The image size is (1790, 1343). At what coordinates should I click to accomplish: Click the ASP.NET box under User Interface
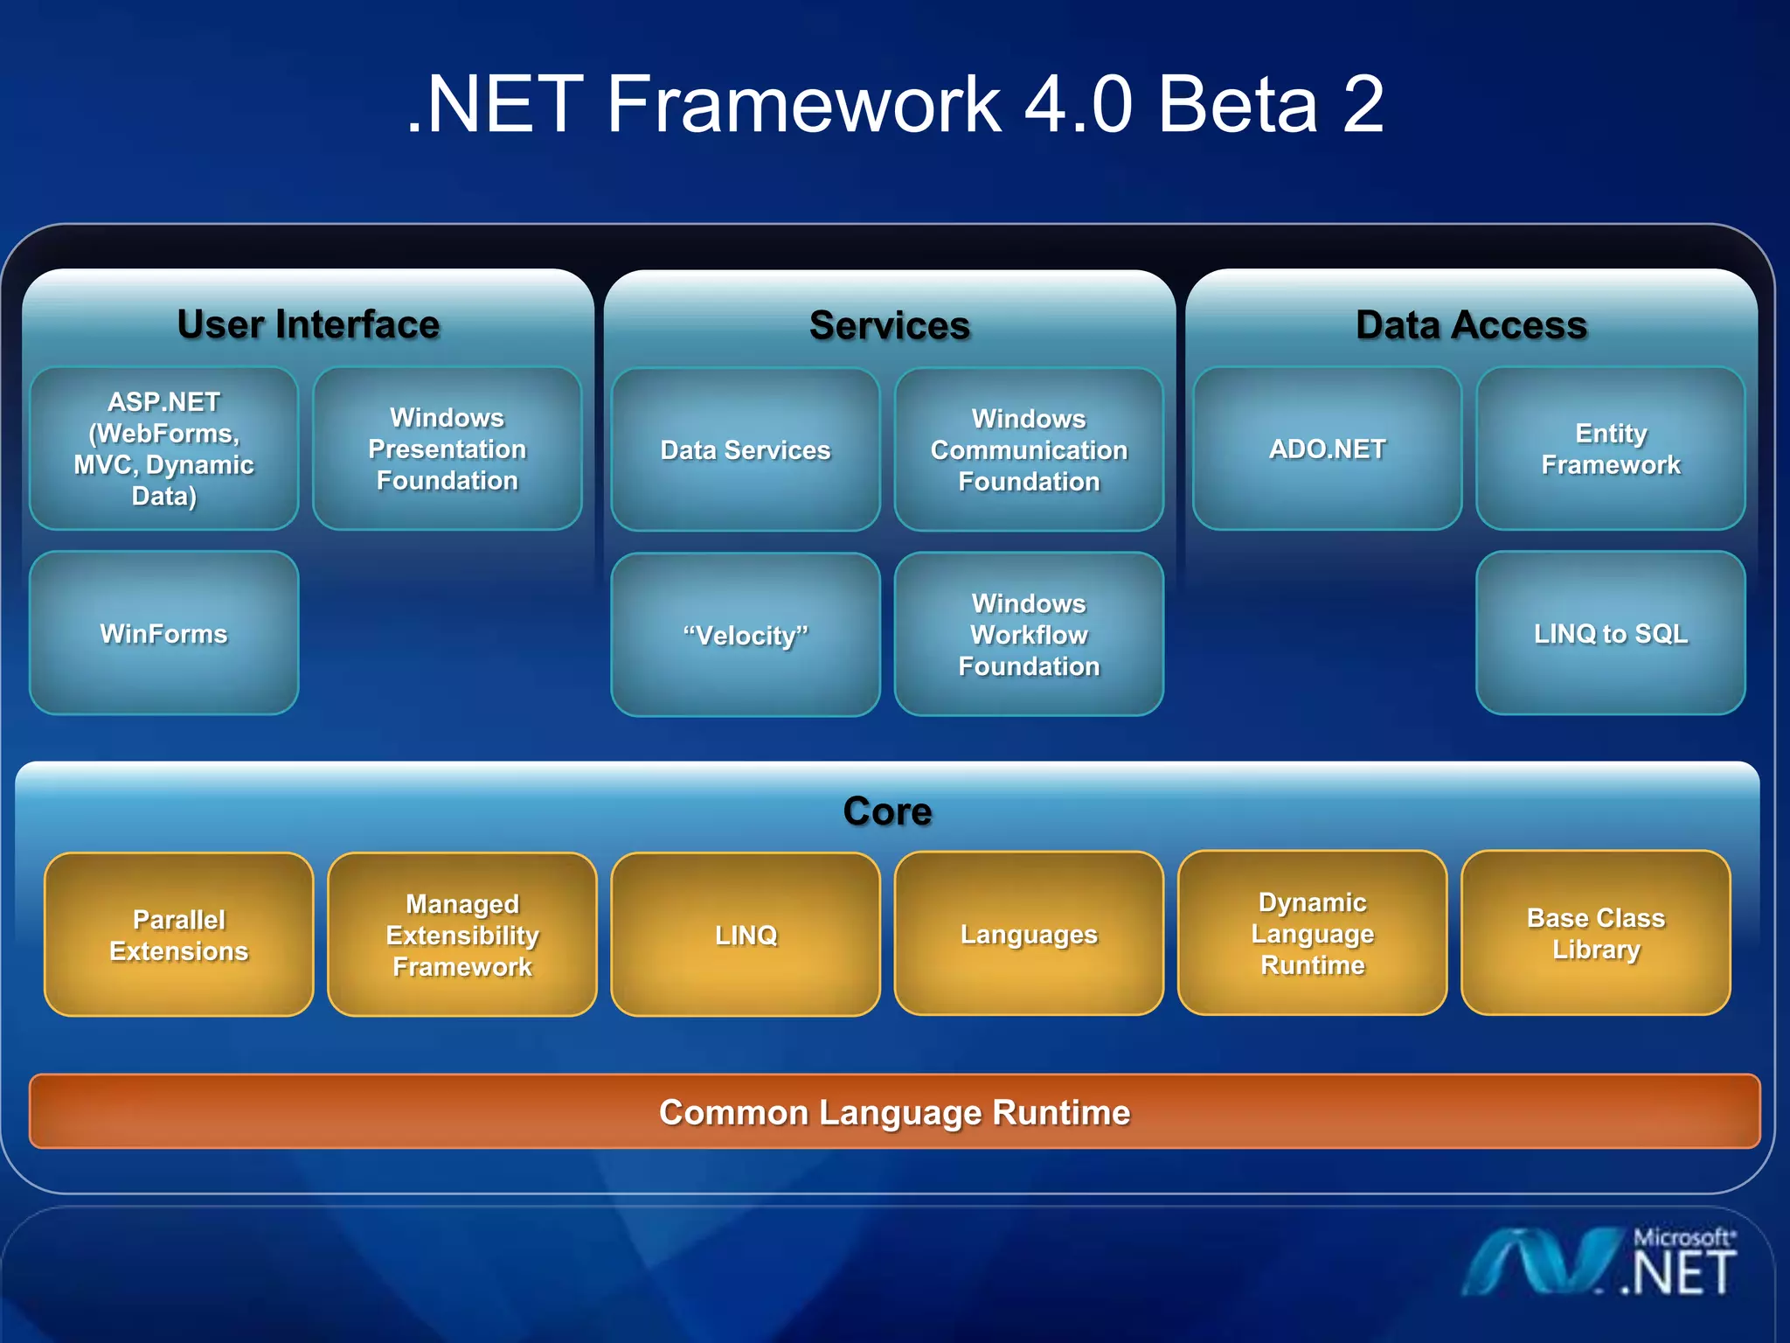pos(163,449)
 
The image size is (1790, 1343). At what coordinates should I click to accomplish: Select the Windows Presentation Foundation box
pos(447,449)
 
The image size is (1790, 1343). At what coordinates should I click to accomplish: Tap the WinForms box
pos(163,633)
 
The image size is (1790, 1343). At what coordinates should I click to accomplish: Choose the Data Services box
pos(745,449)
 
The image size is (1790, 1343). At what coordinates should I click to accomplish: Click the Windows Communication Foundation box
pos(1029,449)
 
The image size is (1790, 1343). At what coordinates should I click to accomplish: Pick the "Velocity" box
pos(745,635)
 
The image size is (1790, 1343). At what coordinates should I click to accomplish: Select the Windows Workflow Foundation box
pos(1029,635)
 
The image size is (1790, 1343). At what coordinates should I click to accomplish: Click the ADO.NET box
pos(1327,449)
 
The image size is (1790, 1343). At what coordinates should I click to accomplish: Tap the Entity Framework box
pos(1610,449)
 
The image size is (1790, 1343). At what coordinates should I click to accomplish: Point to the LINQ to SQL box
pos(1610,633)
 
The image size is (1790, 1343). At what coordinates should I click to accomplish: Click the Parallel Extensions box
pos(178,935)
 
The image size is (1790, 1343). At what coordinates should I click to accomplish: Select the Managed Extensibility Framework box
pos(461,935)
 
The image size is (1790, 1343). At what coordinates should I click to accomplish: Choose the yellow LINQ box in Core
pos(745,935)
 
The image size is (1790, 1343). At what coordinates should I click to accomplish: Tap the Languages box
pos(1029,934)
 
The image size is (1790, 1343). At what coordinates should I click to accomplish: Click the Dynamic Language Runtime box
pos(1312,933)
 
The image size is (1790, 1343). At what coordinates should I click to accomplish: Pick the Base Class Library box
pos(1595,933)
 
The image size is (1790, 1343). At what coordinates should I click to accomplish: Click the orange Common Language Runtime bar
pos(894,1111)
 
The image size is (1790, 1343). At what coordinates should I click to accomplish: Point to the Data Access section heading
pos(1471,324)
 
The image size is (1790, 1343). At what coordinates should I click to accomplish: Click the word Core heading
pos(887,811)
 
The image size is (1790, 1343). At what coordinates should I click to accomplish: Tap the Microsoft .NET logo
pos(1599,1263)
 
